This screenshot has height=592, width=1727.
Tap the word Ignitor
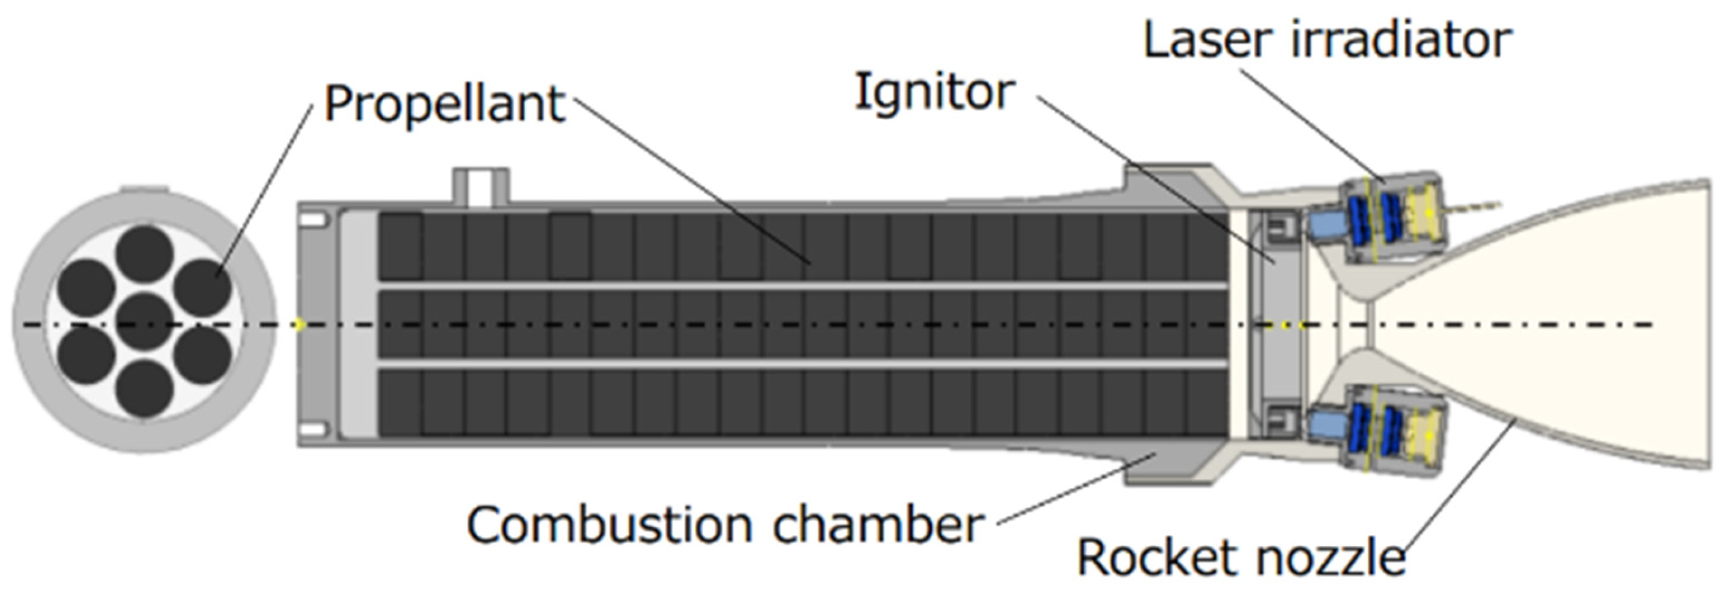coord(934,92)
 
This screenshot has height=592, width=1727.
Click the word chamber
coord(877,525)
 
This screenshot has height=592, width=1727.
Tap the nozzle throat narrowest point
coord(1368,326)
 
